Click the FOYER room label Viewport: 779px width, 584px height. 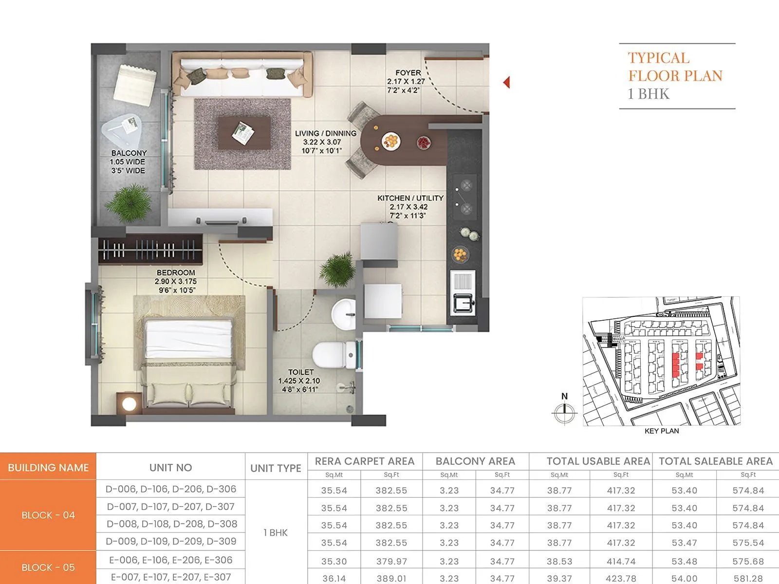click(408, 73)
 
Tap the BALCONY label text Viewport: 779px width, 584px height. click(129, 153)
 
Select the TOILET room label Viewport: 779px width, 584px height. click(300, 372)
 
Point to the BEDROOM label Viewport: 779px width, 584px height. click(176, 273)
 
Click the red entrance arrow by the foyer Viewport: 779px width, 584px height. click(506, 82)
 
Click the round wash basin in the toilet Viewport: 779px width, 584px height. click(343, 313)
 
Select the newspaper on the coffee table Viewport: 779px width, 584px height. click(242, 132)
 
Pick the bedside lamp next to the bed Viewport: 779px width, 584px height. click(129, 403)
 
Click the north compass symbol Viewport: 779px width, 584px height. click(564, 412)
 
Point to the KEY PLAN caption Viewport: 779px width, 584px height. click(661, 431)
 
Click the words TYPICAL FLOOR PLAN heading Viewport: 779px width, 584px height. click(675, 67)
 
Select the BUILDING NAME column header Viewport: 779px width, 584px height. click(48, 468)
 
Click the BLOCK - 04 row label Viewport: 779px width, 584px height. click(48, 515)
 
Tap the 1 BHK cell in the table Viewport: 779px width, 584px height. click(276, 532)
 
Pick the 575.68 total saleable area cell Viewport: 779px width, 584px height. click(748, 561)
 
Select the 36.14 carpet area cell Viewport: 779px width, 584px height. click(334, 579)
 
